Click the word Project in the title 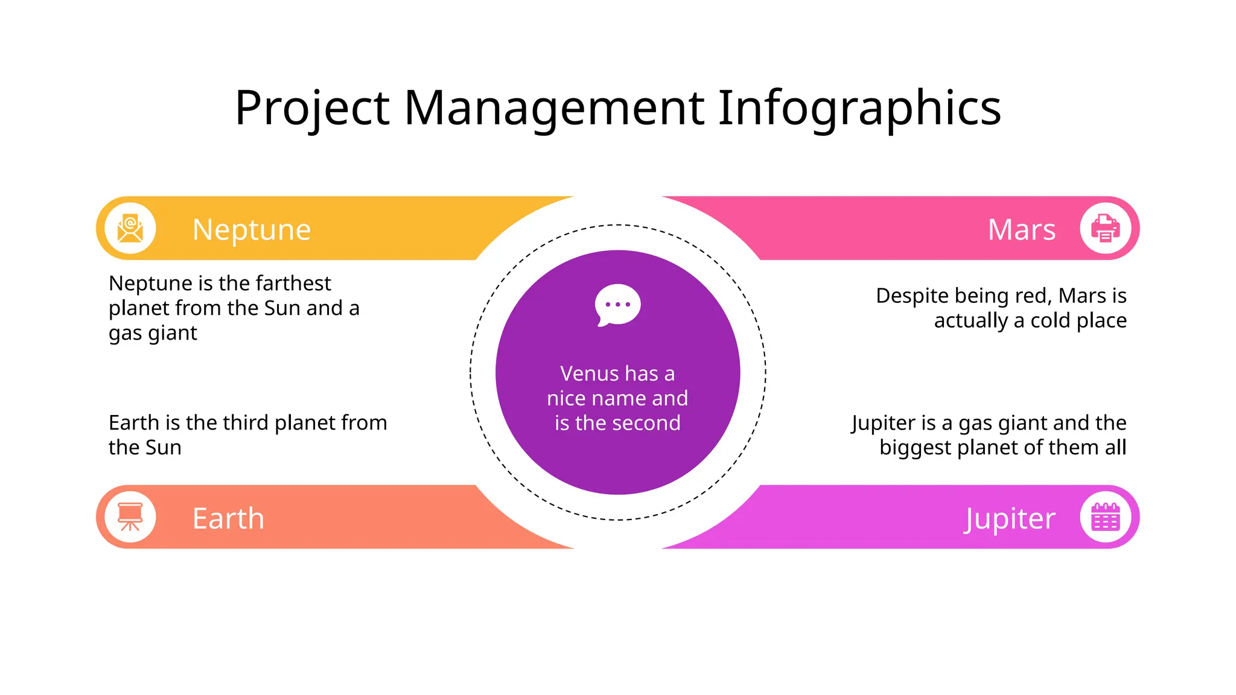pos(313,109)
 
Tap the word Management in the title pos(554,109)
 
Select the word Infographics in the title pos(859,109)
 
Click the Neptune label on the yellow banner pos(252,230)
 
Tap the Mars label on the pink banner pos(1022,230)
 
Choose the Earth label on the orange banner pos(228,519)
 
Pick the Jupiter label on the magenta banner pos(1010,519)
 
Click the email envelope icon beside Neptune pos(130,229)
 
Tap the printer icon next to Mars pos(1105,229)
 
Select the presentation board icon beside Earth pos(130,517)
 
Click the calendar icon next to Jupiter pos(1105,517)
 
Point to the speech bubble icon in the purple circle pos(617,305)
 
